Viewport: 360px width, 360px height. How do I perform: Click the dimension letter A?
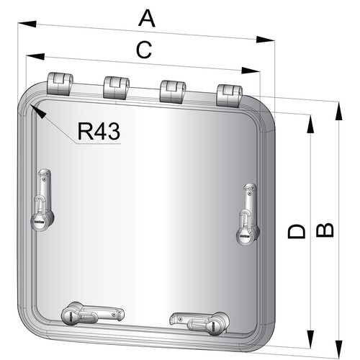[147, 19]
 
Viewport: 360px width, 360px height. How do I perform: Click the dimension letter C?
[144, 50]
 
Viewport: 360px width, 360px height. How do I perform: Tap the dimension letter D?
[297, 231]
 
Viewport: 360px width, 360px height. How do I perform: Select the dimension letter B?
[325, 230]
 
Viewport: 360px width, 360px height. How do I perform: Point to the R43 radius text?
[99, 131]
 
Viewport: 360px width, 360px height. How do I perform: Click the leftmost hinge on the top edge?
[60, 84]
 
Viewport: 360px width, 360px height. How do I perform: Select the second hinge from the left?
[116, 88]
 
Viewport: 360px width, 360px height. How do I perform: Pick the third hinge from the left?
[173, 92]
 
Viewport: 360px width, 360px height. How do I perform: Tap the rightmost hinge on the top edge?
[230, 96]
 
